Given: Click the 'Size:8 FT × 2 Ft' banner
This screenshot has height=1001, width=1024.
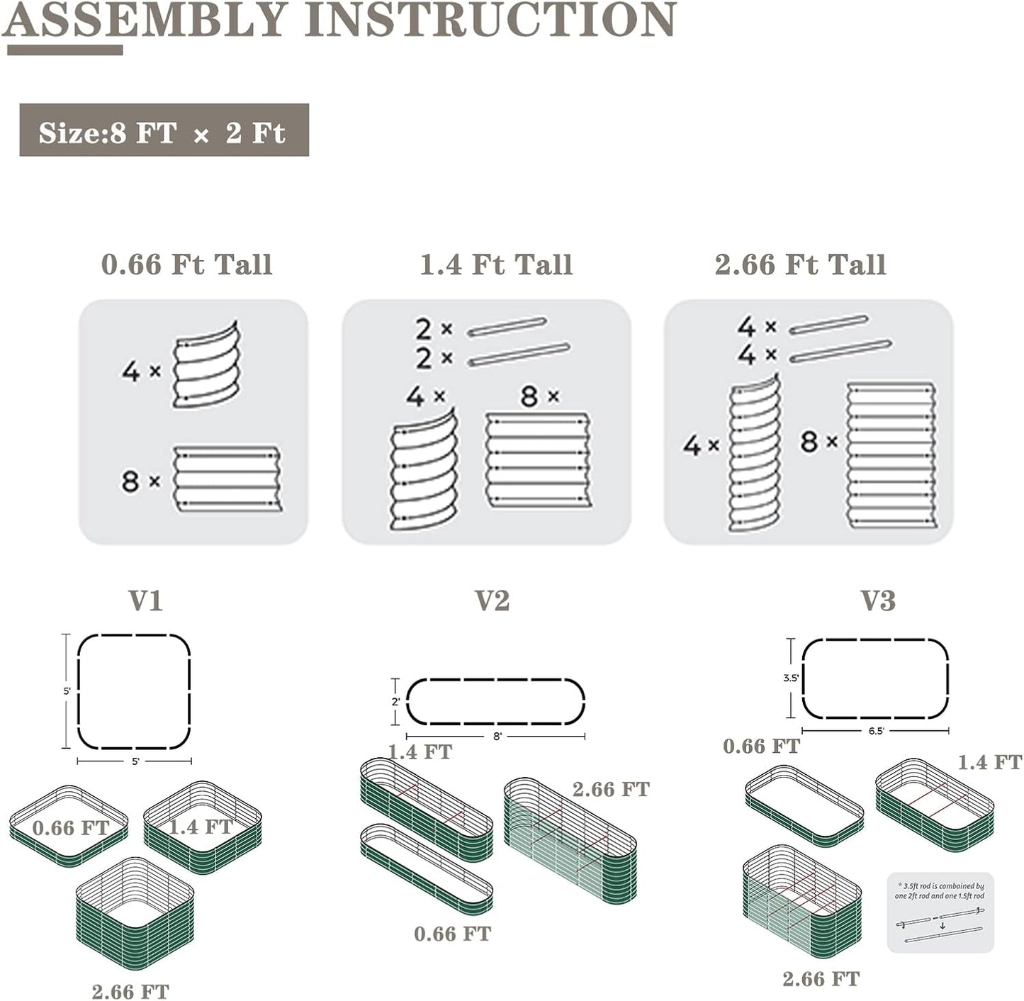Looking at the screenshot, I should [164, 130].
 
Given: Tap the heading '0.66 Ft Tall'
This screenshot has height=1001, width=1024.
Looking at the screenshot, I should [186, 264].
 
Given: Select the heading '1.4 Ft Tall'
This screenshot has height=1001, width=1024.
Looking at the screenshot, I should [495, 264].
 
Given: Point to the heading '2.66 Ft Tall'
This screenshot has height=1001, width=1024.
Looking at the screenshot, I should [800, 264].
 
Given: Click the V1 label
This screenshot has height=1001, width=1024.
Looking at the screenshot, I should [145, 600].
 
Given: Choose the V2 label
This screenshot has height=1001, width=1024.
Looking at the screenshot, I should [492, 600].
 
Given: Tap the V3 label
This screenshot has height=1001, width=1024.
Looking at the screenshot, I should [878, 600].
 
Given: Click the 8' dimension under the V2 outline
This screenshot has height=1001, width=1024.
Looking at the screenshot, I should [497, 737].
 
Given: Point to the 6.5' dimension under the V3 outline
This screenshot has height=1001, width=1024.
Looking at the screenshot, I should [876, 731].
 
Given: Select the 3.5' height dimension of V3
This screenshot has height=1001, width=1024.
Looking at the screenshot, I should [791, 678].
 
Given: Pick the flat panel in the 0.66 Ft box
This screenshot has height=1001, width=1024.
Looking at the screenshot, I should [227, 479].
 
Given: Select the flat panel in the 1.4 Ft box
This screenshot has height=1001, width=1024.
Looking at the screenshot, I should [538, 460].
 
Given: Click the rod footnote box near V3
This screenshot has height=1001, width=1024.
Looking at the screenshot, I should [940, 912].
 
